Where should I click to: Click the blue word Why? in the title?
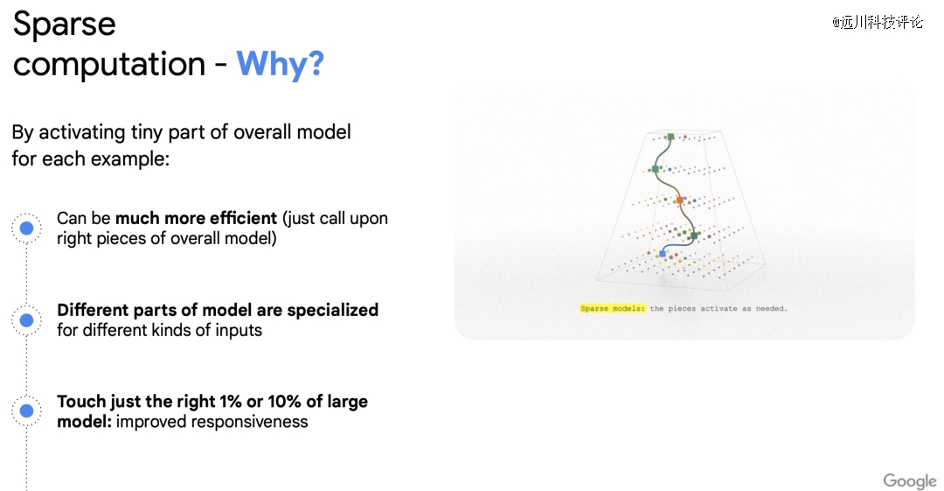pos(280,64)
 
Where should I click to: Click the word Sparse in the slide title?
pos(65,25)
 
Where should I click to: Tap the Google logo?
pos(910,480)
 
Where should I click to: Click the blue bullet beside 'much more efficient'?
pos(26,228)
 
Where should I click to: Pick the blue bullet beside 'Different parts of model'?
pos(26,319)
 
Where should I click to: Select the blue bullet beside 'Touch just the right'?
pos(26,410)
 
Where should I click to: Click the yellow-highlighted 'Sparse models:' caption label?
pos(612,308)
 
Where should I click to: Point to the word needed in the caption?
pos(771,308)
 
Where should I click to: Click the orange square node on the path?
pos(680,200)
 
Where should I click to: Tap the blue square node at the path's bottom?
pos(663,254)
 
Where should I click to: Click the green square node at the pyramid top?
pos(670,137)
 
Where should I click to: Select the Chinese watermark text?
pos(878,23)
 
